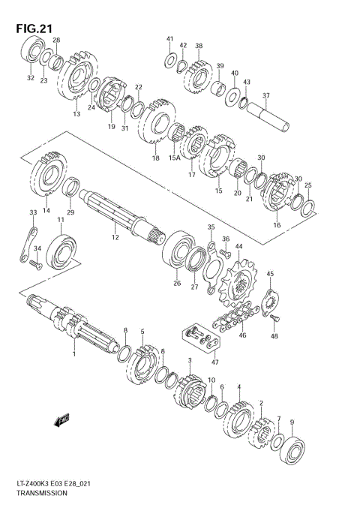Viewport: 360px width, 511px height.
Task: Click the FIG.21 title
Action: (x=34, y=29)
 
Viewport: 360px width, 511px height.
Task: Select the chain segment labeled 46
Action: (x=235, y=315)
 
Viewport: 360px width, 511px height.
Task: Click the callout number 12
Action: (x=115, y=237)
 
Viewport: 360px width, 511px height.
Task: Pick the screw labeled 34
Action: (x=36, y=264)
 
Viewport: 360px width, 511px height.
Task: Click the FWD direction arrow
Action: (x=62, y=419)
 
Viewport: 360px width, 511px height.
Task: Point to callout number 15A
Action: (x=174, y=158)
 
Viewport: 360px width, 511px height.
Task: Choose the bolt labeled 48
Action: (x=275, y=317)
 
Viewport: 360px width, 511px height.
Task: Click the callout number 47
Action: (x=215, y=362)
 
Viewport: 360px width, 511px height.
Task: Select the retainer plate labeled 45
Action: (x=270, y=302)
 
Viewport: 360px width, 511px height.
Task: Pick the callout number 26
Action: (x=177, y=283)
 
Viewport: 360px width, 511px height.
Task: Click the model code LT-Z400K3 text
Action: (x=32, y=483)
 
